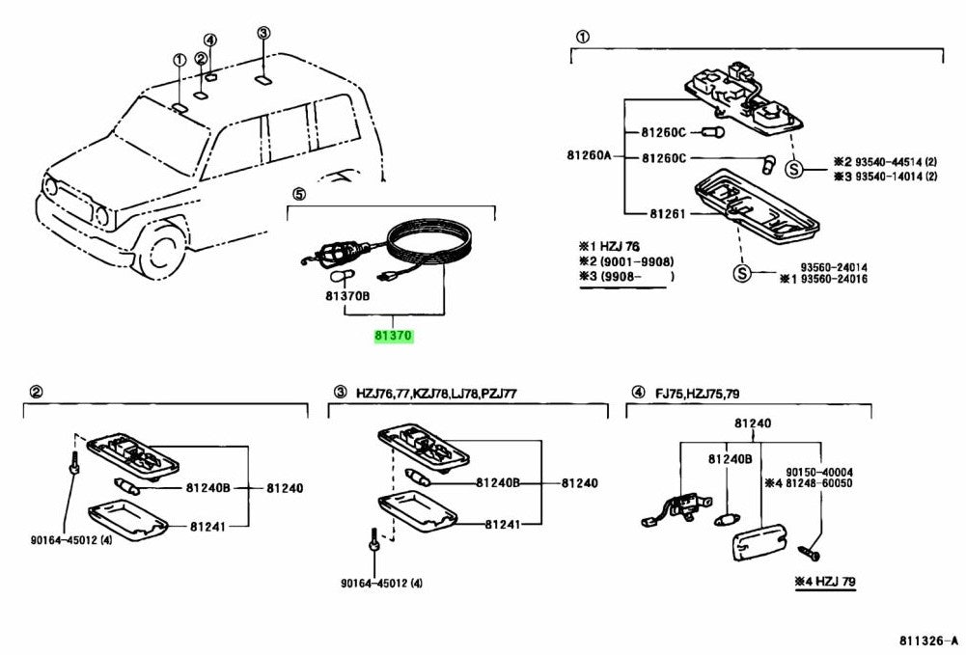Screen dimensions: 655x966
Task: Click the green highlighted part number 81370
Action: [394, 337]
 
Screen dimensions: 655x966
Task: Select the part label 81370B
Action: [346, 297]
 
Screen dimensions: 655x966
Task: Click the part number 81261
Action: [667, 213]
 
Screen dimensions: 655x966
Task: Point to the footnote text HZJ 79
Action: [832, 582]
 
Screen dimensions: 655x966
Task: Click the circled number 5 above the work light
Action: [298, 194]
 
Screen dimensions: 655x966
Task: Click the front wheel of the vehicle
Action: [159, 249]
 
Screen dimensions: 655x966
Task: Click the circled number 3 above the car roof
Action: [263, 33]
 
